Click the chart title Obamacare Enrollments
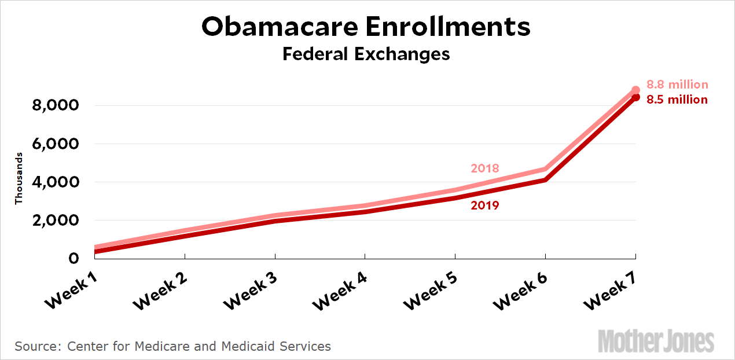[x=366, y=27]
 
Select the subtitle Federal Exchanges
[x=366, y=54]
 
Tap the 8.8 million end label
[x=677, y=85]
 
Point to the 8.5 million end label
[x=677, y=100]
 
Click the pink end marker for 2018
[x=635, y=90]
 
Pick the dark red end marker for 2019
[x=635, y=97]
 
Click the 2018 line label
[x=485, y=168]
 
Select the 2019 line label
[x=485, y=205]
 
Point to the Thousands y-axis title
[x=19, y=178]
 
